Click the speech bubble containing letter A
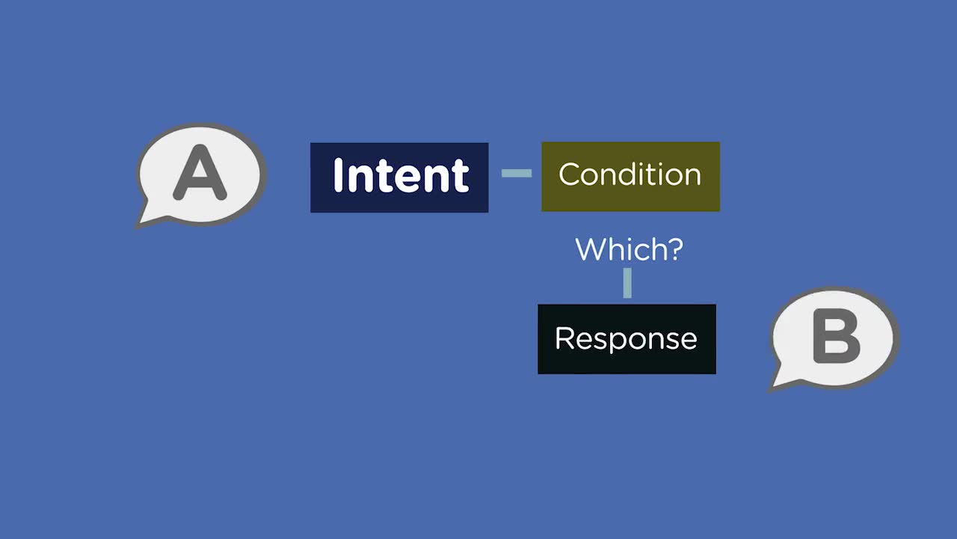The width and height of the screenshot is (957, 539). click(201, 174)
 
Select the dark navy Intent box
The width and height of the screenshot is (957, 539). click(399, 177)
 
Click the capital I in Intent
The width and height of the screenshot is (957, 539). click(339, 174)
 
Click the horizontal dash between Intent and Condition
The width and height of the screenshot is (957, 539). click(517, 173)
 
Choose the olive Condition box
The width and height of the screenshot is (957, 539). click(630, 177)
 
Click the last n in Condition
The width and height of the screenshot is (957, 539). click(692, 177)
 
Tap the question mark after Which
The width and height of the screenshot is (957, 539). click(674, 249)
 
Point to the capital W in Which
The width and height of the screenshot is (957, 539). click(591, 249)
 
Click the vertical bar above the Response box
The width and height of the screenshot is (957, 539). click(627, 283)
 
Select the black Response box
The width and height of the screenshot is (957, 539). click(627, 339)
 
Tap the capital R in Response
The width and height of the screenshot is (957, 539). click(564, 338)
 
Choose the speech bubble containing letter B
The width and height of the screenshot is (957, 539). click(834, 338)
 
